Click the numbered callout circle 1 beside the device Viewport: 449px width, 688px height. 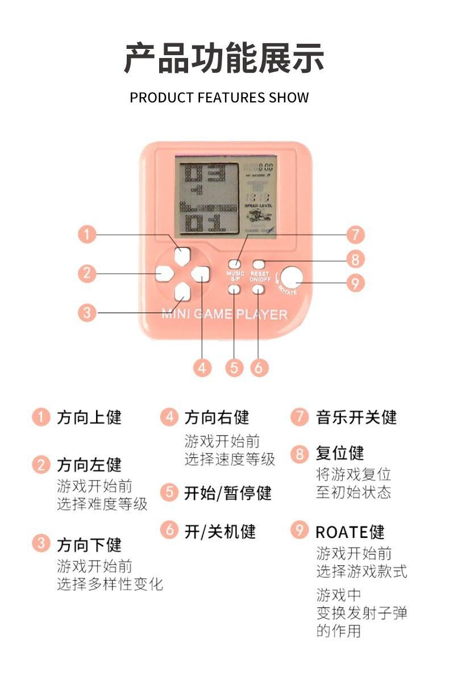[x=87, y=234]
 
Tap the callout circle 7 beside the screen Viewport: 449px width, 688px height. [x=355, y=234]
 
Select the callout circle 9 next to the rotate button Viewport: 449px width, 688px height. [x=355, y=283]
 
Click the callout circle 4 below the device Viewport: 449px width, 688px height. [x=202, y=367]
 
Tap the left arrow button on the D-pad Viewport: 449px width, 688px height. [x=164, y=274]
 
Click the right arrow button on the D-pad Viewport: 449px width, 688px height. [x=199, y=274]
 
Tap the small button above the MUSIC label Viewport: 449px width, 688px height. [x=234, y=264]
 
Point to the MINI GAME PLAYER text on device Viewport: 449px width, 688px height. [x=224, y=314]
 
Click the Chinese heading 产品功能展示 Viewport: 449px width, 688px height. [x=224, y=58]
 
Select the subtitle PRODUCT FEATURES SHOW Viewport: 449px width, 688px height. [x=219, y=97]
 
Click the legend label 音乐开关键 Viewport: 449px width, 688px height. [x=356, y=417]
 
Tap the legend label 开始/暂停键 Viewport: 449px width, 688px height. [x=227, y=492]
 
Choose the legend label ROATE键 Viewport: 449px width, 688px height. [x=350, y=532]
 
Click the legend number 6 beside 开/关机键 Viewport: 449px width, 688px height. [x=169, y=530]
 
